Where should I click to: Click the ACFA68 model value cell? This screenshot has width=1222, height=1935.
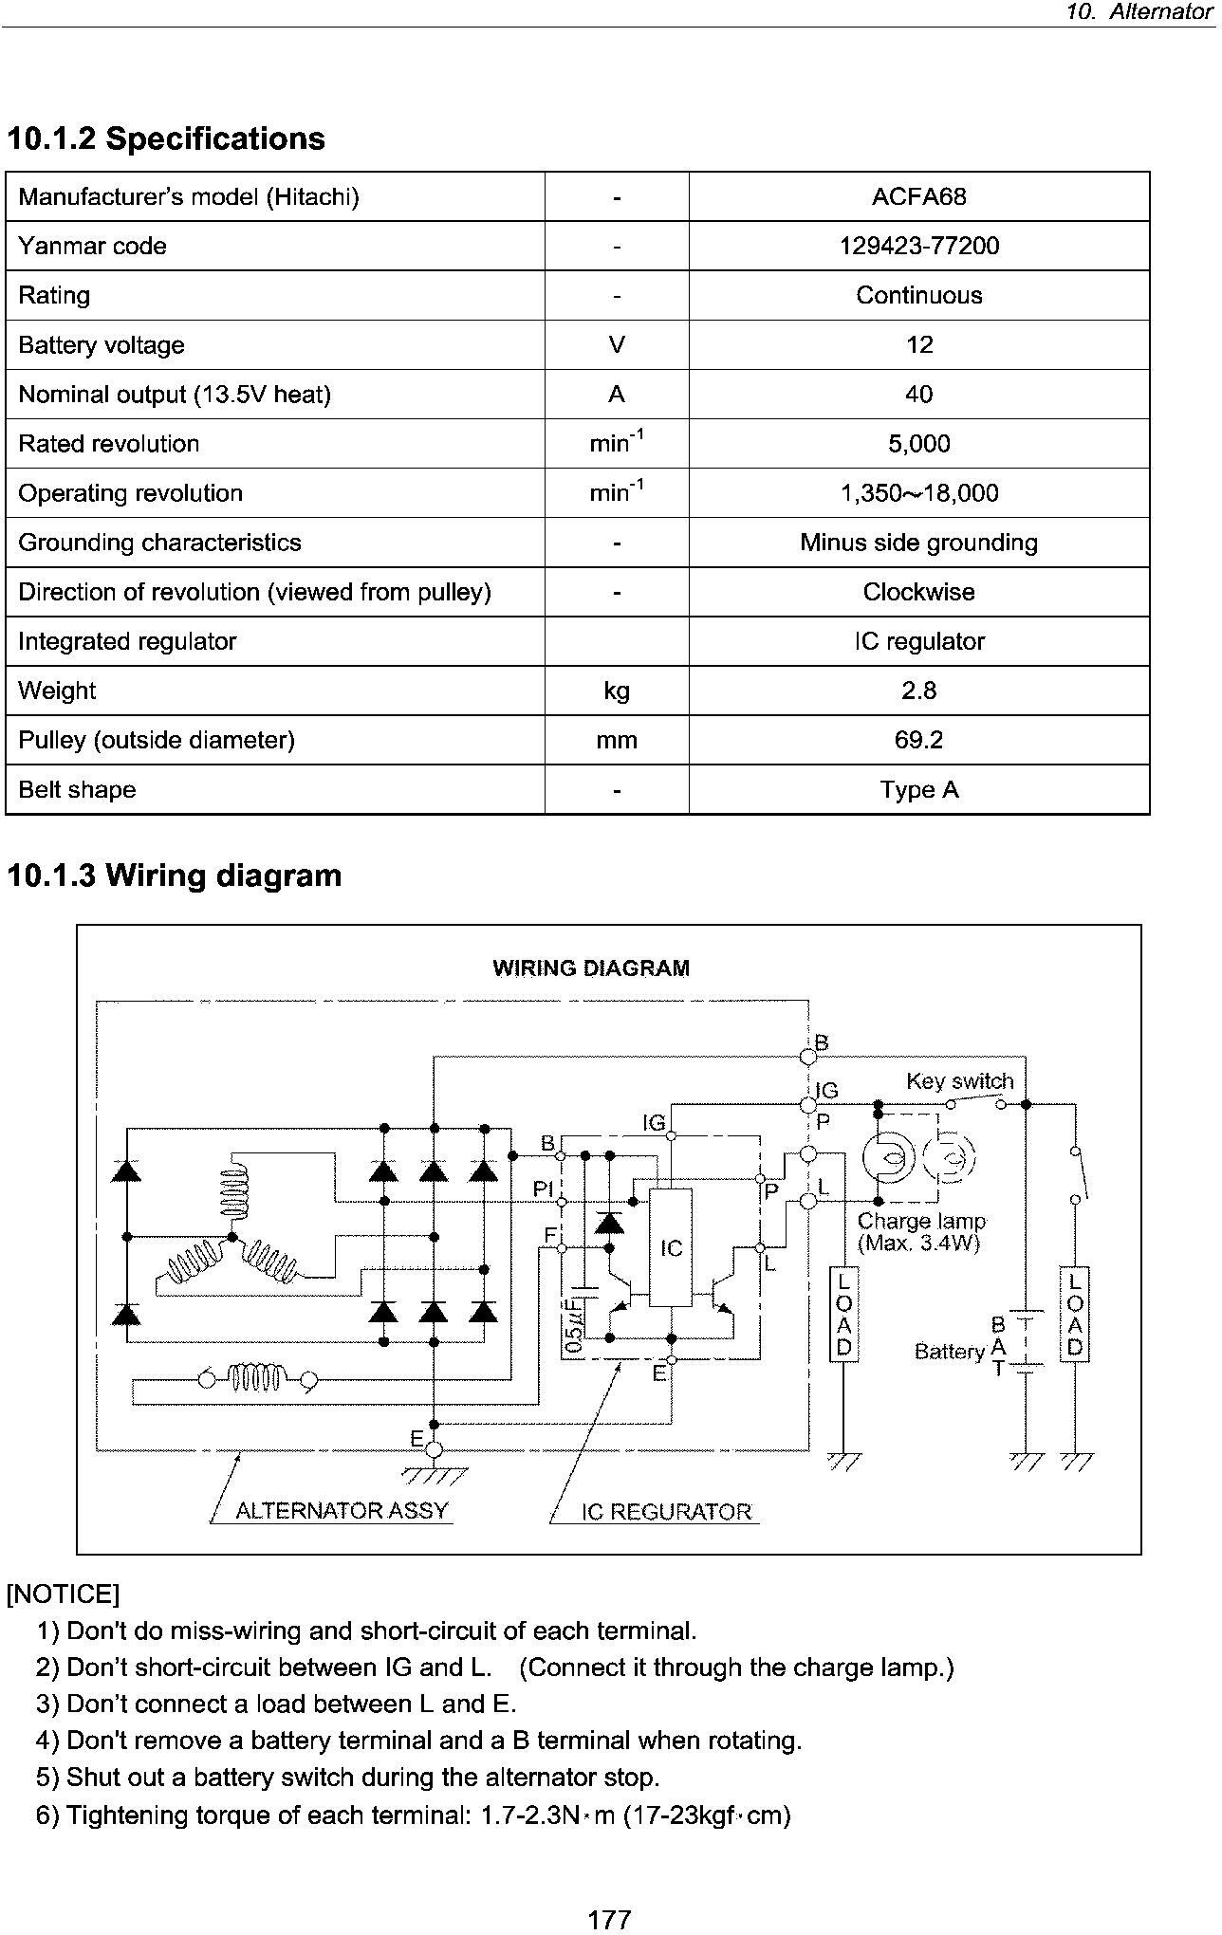pyautogui.click(x=918, y=196)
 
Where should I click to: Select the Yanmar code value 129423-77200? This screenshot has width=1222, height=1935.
pyautogui.click(x=918, y=246)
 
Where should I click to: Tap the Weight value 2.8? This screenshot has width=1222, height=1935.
pyautogui.click(x=918, y=691)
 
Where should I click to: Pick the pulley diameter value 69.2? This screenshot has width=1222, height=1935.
pyautogui.click(x=918, y=740)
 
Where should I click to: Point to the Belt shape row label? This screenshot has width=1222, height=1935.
pyautogui.click(x=77, y=789)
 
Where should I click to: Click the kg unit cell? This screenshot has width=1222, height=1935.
pyautogui.click(x=617, y=691)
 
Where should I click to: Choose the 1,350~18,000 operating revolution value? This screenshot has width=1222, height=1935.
pyautogui.click(x=918, y=493)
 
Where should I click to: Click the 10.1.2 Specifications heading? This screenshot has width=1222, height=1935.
pyautogui.click(x=166, y=138)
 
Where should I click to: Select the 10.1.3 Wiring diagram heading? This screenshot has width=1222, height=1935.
pyautogui.click(x=174, y=875)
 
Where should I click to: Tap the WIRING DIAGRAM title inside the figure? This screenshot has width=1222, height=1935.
pyautogui.click(x=591, y=968)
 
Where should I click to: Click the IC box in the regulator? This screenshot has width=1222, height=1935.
pyautogui.click(x=670, y=1246)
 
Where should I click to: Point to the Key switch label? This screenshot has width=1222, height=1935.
pyautogui.click(x=959, y=1081)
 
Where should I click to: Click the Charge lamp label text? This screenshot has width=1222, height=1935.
pyautogui.click(x=921, y=1222)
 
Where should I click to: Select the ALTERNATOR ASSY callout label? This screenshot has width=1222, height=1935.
pyautogui.click(x=342, y=1510)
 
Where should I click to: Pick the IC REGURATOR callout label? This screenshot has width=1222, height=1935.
pyautogui.click(x=666, y=1512)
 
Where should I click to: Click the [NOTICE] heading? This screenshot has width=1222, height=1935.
pyautogui.click(x=63, y=1594)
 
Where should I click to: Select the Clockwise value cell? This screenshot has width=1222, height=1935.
pyautogui.click(x=918, y=592)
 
